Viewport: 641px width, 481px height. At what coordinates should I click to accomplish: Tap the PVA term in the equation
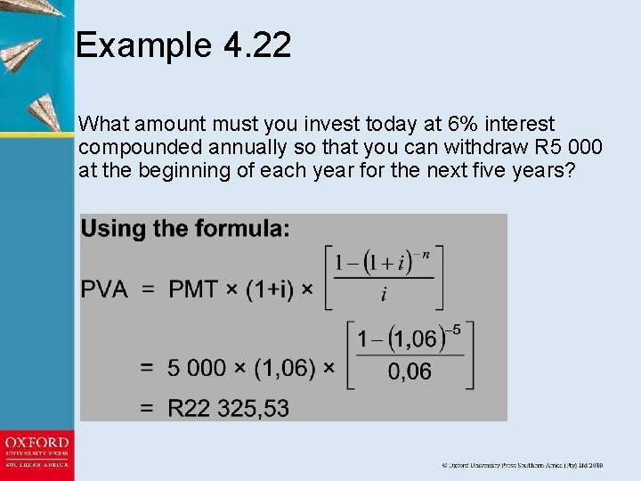click(105, 289)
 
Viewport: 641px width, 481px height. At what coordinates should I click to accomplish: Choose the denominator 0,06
click(410, 372)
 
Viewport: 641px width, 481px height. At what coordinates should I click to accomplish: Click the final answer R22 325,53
click(228, 409)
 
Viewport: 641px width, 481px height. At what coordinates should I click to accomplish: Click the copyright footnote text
click(523, 465)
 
